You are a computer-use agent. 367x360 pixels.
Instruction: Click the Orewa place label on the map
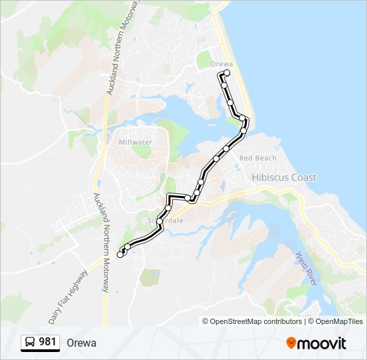[x=220, y=64]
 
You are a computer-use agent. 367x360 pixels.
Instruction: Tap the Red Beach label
[x=258, y=158]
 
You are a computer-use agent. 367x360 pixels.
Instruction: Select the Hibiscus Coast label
[x=284, y=177]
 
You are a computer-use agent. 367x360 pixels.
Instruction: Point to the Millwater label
[x=135, y=143]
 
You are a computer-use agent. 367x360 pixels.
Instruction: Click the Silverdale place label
[x=160, y=219]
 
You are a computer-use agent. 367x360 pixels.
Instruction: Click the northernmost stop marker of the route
[x=228, y=73]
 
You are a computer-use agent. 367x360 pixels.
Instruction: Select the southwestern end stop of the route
[x=120, y=254]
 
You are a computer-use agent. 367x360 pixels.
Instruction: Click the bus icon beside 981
[x=31, y=343]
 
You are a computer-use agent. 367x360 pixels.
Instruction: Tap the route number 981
[x=48, y=342]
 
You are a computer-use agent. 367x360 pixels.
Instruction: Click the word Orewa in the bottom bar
[x=81, y=343]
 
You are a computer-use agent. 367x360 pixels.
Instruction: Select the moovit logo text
[x=323, y=343]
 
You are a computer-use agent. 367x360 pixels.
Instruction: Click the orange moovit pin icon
[x=292, y=343]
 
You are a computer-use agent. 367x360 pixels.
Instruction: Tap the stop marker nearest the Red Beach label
[x=227, y=148]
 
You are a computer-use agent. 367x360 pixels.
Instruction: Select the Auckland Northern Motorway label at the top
[x=120, y=53]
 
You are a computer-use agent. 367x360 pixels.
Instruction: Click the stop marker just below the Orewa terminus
[x=225, y=85]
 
